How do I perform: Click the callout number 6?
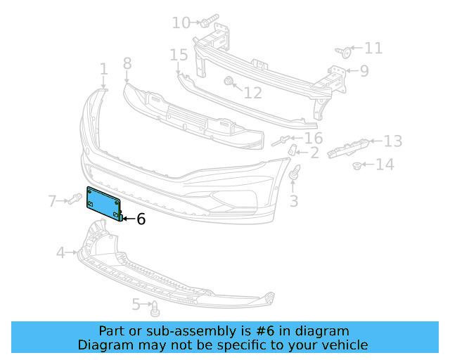pos(141,219)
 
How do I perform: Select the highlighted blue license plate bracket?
pos(103,202)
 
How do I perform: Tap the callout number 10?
pos(181,23)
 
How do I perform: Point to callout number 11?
pos(373,49)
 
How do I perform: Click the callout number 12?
pos(252,92)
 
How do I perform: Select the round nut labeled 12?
pos(229,82)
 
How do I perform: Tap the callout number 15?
pos(179,55)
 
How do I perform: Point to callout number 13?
pos(392,141)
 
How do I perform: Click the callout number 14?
pos(385,165)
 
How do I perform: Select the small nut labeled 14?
pos(357,166)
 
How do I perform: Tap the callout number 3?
pos(294,201)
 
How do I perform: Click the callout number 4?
pos(61,252)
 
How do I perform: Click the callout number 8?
pos(127,64)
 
